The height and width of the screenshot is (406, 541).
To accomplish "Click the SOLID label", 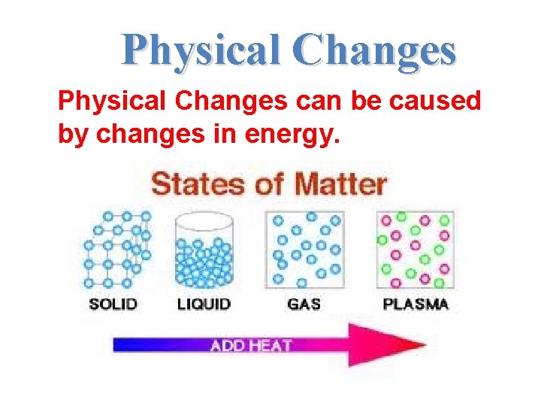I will coord(113,304).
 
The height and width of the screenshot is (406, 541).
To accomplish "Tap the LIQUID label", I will coord(204,304).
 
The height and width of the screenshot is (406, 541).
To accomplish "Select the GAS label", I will coord(304,304).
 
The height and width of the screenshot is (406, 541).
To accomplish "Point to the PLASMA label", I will coord(416,304).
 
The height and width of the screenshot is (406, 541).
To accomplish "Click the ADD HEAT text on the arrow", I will coord(251,346).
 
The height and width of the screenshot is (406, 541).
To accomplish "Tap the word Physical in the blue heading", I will coord(199,51).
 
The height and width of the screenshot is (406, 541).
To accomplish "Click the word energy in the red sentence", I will coord(298,135).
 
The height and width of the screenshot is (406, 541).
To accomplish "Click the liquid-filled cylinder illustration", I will coord(203,252).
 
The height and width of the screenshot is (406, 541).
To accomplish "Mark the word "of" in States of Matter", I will coord(260,184).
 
